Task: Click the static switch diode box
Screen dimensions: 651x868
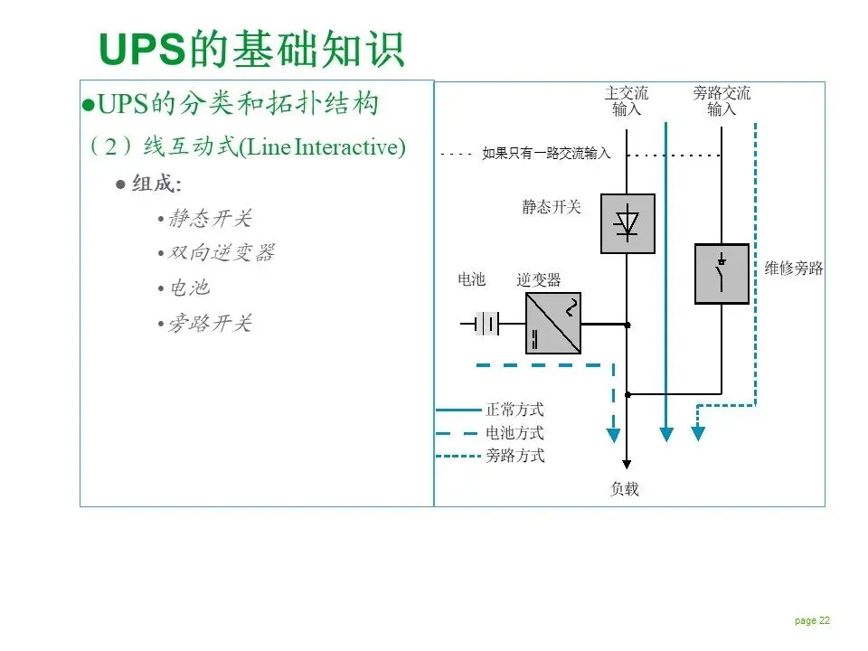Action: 627,222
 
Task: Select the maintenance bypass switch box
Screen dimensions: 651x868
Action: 722,273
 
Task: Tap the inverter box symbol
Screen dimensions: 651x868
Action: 553,323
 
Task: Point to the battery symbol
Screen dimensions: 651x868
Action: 486,323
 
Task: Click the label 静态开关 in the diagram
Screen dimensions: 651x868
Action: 552,207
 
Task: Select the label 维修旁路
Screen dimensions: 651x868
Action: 794,269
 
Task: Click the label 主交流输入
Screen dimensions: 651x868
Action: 627,101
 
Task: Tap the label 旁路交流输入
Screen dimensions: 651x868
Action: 722,101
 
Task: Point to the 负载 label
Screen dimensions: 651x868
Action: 625,489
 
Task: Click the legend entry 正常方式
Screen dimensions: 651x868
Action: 514,410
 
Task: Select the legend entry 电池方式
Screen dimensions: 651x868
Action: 514,433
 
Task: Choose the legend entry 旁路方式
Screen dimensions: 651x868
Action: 514,456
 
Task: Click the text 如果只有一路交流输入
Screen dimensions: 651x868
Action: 546,154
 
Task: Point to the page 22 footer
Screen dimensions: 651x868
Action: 812,620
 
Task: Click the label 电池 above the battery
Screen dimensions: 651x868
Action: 472,280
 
